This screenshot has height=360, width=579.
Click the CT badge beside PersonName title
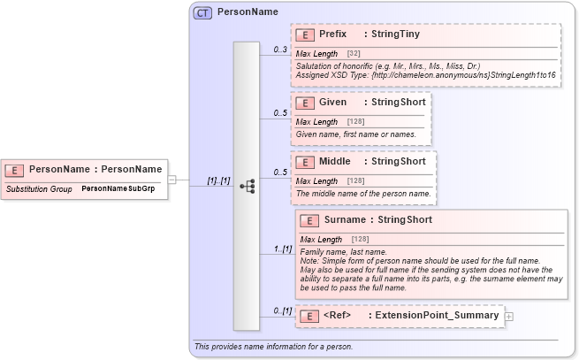pos(202,12)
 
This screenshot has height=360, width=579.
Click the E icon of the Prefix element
pos(304,34)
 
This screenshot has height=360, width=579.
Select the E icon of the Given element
pos(304,103)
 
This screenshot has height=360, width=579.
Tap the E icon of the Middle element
pos(304,162)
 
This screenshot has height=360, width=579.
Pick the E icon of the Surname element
pos(309,220)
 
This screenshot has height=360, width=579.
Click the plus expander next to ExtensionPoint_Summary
pos(508,316)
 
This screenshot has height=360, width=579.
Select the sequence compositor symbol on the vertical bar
pos(247,186)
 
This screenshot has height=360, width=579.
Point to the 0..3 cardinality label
pos(280,49)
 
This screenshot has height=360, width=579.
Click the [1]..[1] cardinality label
pos(218,180)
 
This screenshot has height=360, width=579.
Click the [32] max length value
pos(353,54)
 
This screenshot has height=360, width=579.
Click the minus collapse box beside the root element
pos(172,180)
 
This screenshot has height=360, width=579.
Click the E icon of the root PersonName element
pos(14,169)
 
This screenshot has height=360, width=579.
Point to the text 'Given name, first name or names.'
pos(355,134)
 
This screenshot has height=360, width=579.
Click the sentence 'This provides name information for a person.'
pos(273,346)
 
